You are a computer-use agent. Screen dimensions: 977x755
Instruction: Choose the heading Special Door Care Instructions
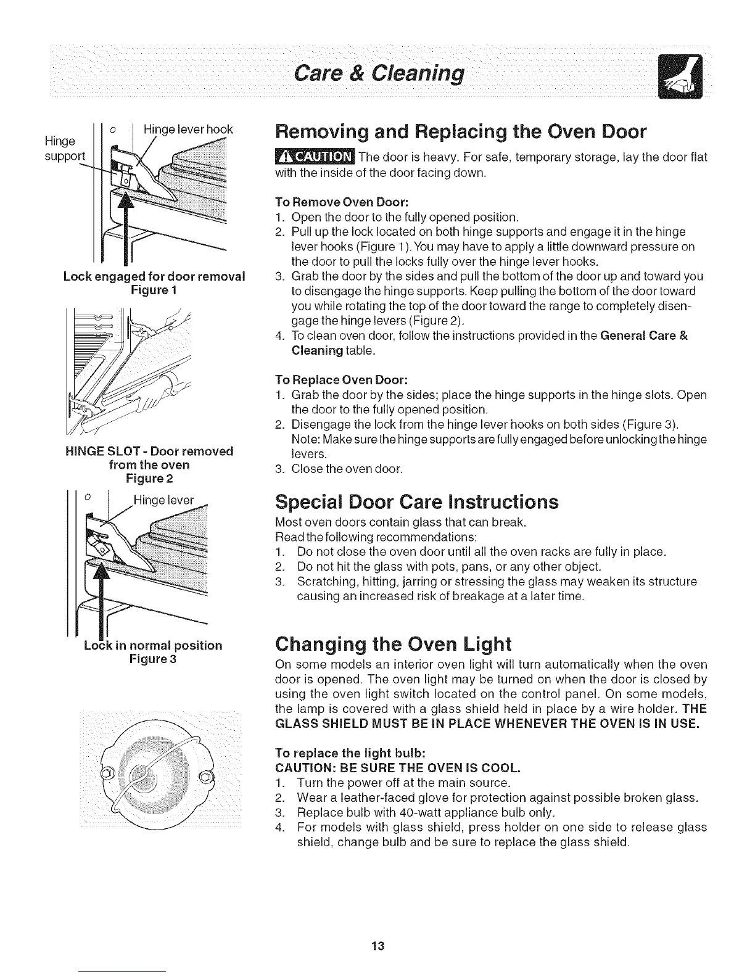[416, 502]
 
